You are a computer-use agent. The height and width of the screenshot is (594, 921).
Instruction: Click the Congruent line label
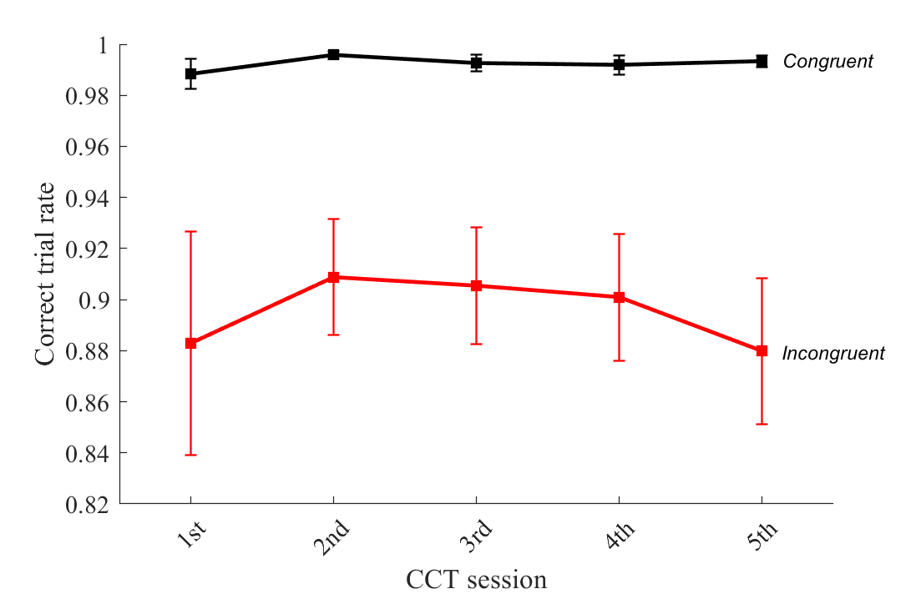[x=827, y=62]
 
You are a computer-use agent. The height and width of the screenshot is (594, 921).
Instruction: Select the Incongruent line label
[x=832, y=354]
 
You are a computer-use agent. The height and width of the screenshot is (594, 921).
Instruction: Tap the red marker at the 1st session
[x=190, y=343]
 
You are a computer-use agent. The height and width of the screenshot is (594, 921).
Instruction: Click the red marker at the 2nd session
[x=333, y=277]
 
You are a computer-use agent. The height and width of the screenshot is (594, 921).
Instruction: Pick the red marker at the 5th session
[x=762, y=351]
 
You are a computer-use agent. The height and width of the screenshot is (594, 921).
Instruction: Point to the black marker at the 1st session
[x=190, y=73]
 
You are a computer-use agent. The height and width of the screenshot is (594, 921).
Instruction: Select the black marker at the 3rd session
[x=476, y=63]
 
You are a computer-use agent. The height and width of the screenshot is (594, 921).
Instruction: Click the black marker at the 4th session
[x=619, y=65]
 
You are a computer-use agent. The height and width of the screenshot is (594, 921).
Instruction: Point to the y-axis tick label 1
[x=104, y=45]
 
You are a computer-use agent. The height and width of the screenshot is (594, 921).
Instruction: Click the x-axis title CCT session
[x=476, y=577]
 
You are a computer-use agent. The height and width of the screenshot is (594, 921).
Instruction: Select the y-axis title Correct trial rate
[x=47, y=274]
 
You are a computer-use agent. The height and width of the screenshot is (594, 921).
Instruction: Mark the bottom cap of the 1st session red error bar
[x=190, y=455]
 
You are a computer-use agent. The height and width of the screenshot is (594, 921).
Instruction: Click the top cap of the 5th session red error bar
[x=762, y=278]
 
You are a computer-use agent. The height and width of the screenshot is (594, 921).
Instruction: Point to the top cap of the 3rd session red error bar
[x=476, y=227]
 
